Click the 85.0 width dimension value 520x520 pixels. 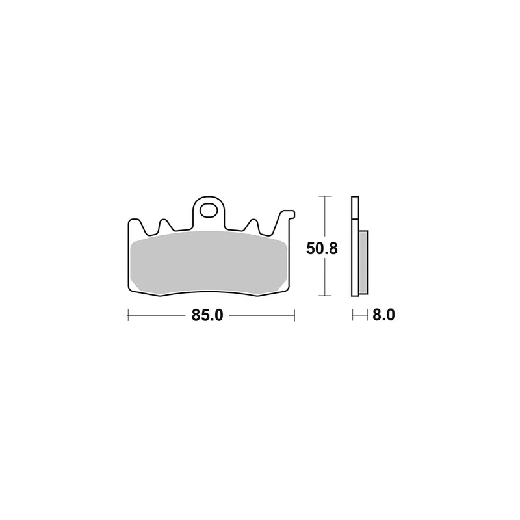tap(207, 315)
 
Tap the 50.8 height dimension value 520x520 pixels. tap(322, 248)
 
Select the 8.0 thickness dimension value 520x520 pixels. tap(383, 315)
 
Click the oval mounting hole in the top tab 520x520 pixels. tap(208, 211)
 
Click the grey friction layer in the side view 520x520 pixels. tap(363, 263)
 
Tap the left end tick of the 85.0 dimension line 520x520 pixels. tap(128, 315)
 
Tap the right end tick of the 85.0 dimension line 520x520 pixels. tap(294, 315)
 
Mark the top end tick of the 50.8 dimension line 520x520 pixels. tap(325, 196)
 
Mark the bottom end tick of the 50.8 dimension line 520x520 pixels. tap(325, 296)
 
